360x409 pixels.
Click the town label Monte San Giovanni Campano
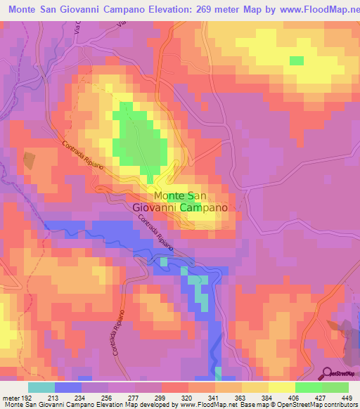tap(180, 202)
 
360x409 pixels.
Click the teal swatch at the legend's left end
tap(41, 387)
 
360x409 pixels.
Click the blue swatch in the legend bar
tap(68, 387)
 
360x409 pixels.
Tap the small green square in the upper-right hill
tap(296, 60)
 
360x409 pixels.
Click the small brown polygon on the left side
tap(29, 160)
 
